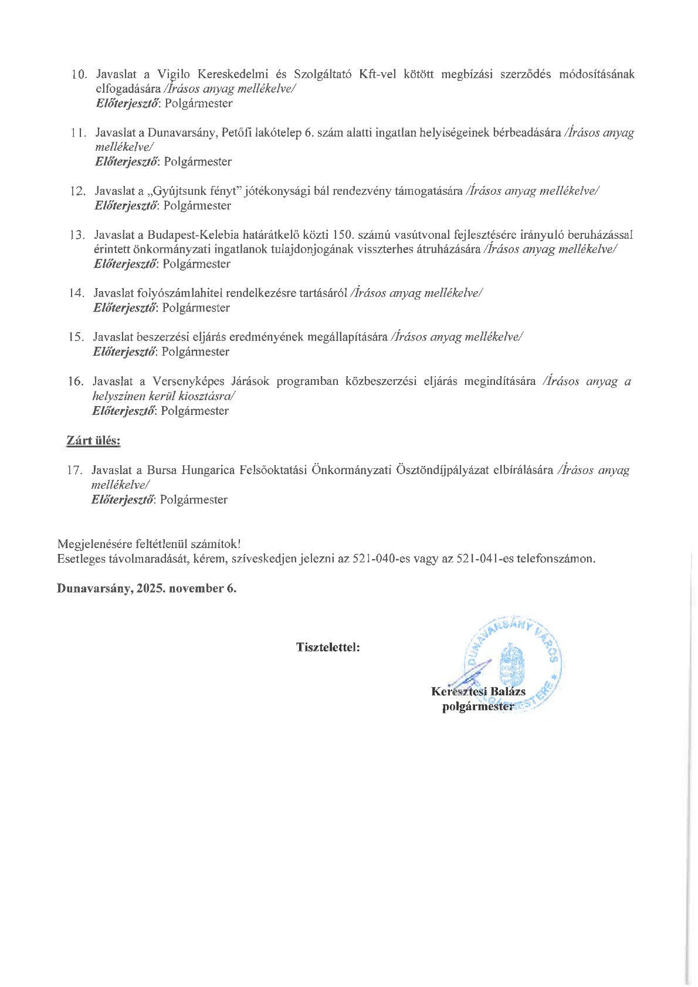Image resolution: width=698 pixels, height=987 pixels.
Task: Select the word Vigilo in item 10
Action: tap(174, 75)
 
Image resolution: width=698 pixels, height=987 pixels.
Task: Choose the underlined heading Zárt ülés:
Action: tap(94, 441)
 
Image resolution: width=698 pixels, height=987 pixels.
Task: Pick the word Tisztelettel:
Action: tap(328, 648)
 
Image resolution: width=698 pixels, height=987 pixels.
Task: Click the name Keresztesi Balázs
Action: tap(478, 691)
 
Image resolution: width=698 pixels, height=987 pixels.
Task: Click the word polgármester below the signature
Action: tap(477, 707)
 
